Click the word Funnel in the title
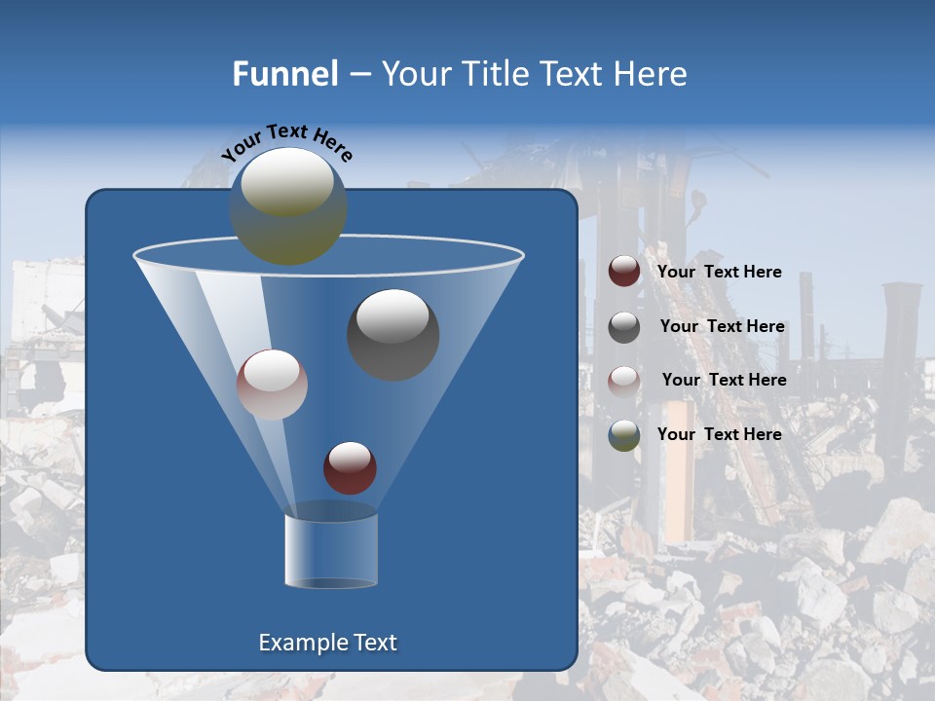click(284, 74)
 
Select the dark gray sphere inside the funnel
click(393, 335)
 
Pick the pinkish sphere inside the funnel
click(272, 385)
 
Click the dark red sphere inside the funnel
click(350, 467)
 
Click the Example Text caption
click(327, 643)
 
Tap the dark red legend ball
click(624, 272)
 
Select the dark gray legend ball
click(624, 327)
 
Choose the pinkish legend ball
click(624, 381)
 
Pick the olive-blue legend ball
click(624, 435)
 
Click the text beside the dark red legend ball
click(719, 272)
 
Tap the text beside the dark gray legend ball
click(722, 326)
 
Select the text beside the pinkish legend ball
click(724, 380)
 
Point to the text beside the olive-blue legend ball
click(719, 434)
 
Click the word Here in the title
click(653, 74)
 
